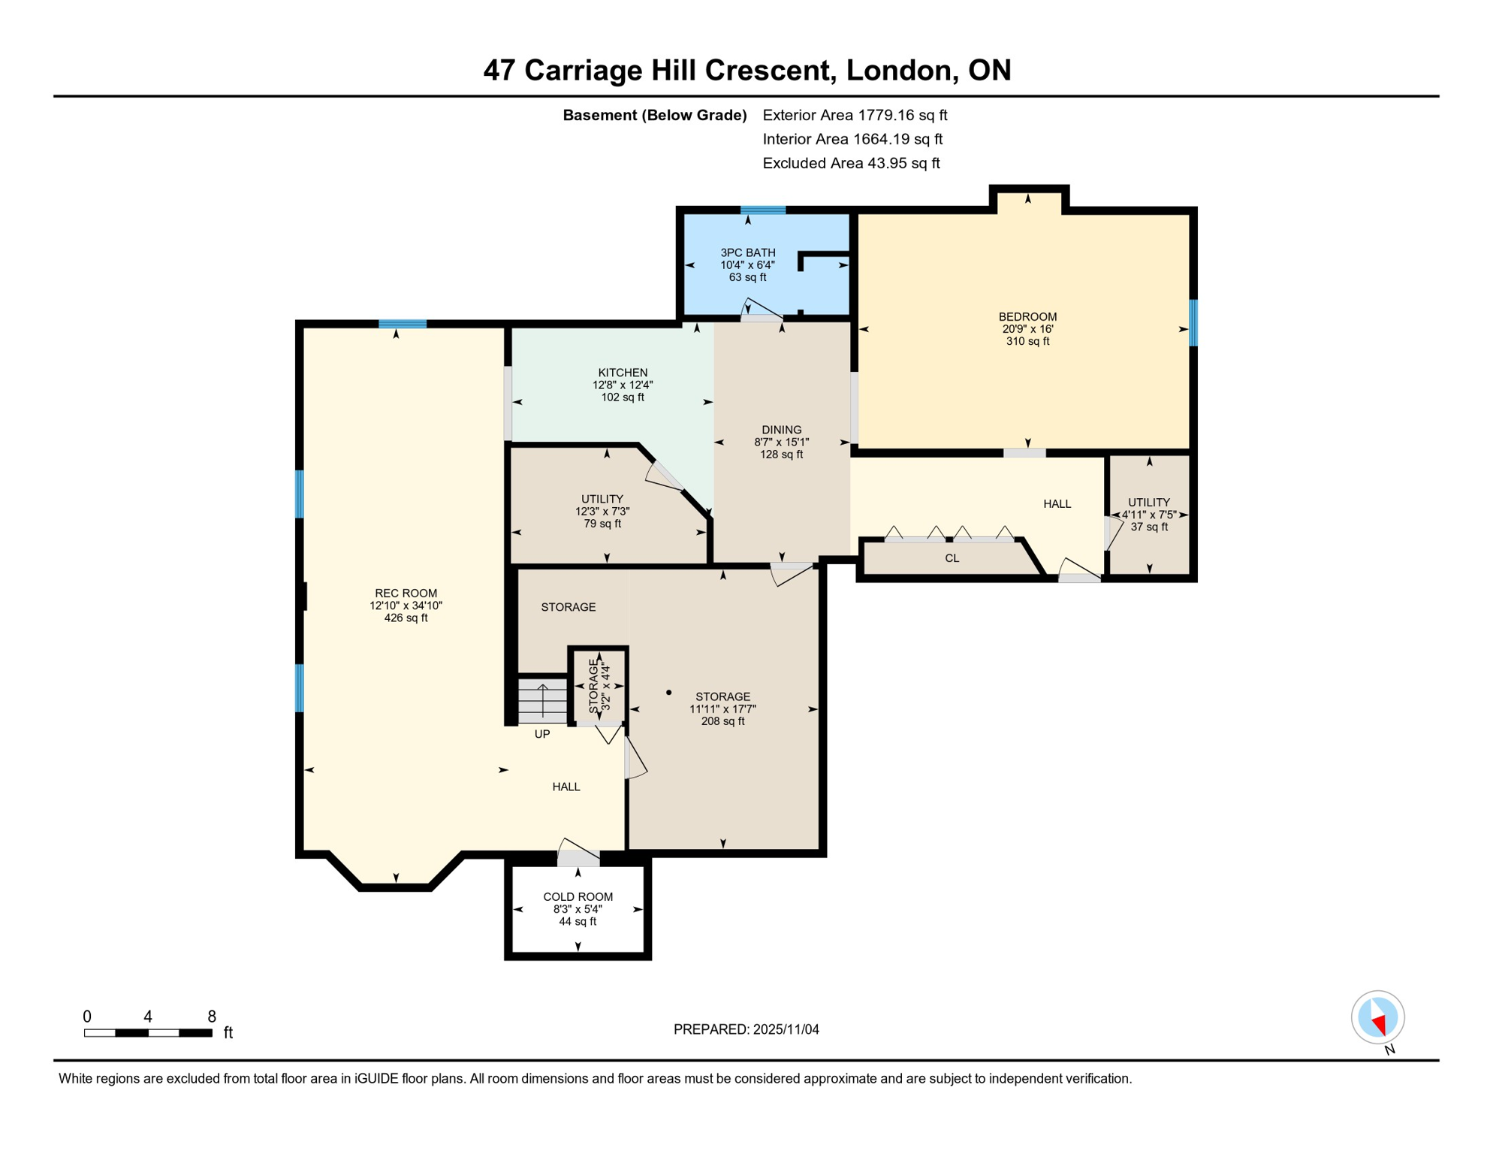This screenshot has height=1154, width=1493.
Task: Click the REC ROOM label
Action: pyautogui.click(x=406, y=593)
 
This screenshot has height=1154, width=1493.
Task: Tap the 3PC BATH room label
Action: pyautogui.click(x=747, y=252)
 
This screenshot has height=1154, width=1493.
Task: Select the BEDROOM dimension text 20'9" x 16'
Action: pyautogui.click(x=1027, y=329)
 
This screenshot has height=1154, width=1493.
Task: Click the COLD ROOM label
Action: pyautogui.click(x=578, y=896)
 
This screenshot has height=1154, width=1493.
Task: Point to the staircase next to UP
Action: pyautogui.click(x=542, y=700)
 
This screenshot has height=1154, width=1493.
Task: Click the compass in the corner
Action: pyautogui.click(x=1377, y=1017)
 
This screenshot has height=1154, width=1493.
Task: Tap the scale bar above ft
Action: pyautogui.click(x=148, y=1033)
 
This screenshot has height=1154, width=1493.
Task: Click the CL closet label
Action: pyautogui.click(x=952, y=558)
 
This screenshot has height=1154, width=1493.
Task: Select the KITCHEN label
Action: pyautogui.click(x=623, y=373)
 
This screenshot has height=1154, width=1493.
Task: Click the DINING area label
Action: pyautogui.click(x=781, y=430)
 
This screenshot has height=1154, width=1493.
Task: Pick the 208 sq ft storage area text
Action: pyautogui.click(x=722, y=721)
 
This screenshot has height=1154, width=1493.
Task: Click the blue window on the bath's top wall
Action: pyautogui.click(x=763, y=210)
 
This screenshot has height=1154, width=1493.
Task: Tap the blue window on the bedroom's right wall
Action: pyautogui.click(x=1193, y=322)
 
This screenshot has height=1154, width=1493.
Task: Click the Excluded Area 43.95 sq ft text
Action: pyautogui.click(x=851, y=163)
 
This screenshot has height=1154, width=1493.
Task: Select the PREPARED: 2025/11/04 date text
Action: pyautogui.click(x=746, y=1029)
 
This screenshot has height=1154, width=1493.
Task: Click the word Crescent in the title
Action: pyautogui.click(x=770, y=70)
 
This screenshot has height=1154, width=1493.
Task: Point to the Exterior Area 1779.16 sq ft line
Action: pyautogui.click(x=855, y=115)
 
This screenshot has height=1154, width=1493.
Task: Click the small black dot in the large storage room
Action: pyautogui.click(x=668, y=693)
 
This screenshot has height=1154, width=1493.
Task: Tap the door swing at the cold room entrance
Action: pyautogui.click(x=578, y=853)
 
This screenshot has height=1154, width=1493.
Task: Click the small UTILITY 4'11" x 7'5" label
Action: pyautogui.click(x=1148, y=502)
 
